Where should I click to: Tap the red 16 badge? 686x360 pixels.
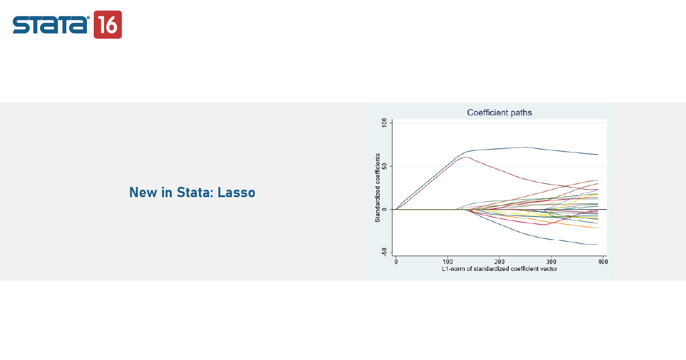point(108,25)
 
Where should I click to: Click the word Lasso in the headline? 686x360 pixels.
point(236,193)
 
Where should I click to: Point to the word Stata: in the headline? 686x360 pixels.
point(195,193)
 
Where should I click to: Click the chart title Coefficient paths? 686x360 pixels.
point(499,113)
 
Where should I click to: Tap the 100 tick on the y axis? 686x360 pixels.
point(384,123)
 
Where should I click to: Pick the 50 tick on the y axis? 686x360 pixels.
point(384,166)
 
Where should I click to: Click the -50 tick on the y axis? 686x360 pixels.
point(384,252)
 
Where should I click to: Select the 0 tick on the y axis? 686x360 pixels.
point(384,209)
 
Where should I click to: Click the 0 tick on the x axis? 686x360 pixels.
point(396,262)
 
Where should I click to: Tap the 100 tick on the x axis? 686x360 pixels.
point(448,262)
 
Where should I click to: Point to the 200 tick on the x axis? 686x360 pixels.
point(499,262)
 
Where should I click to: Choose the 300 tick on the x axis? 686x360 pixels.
point(551,262)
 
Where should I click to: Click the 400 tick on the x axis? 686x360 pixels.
point(603,262)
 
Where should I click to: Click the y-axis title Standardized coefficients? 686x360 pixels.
point(378,187)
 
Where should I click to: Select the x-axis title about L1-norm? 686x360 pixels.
point(499,269)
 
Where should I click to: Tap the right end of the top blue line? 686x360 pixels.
point(598,155)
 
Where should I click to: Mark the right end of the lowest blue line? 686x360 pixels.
point(598,245)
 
